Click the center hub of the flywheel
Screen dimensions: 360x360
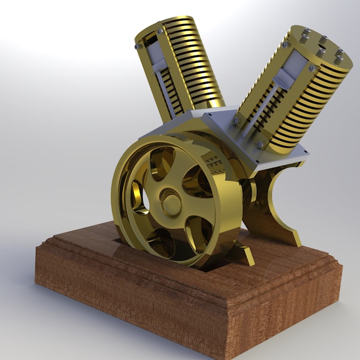pyautogui.click(x=170, y=202)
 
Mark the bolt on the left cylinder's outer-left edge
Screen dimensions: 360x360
pyautogui.click(x=138, y=47)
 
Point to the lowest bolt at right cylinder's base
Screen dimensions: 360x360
pyautogui.click(x=260, y=144)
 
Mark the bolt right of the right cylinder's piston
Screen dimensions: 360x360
pyautogui.click(x=312, y=68)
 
